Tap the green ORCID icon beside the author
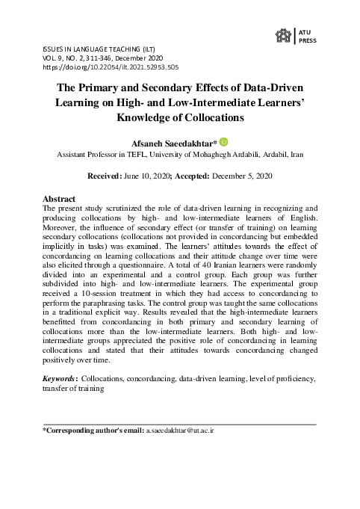223,141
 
